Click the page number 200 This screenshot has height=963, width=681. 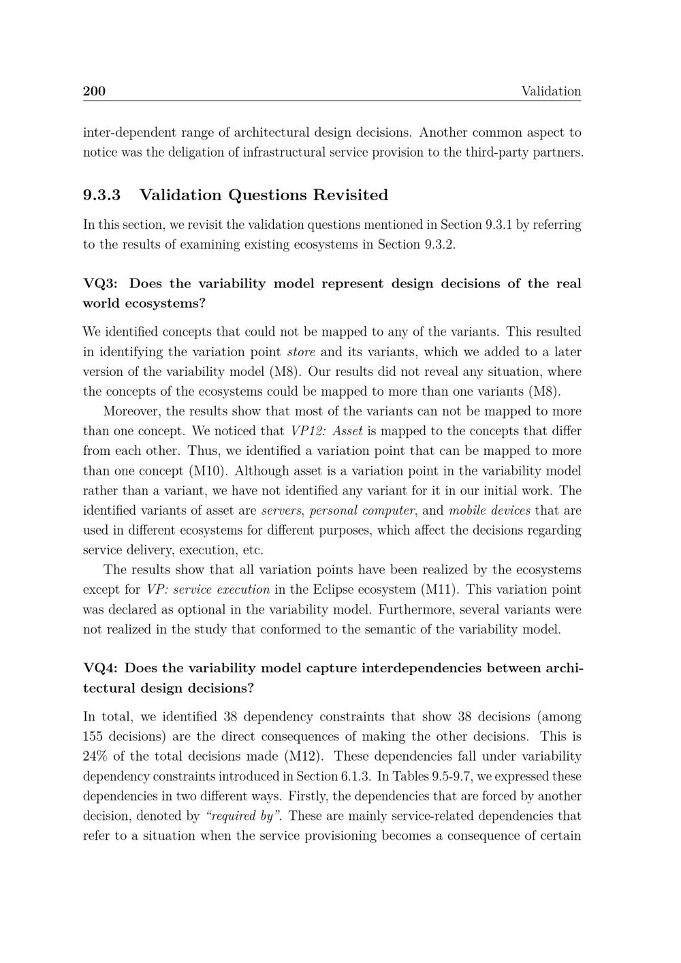94,91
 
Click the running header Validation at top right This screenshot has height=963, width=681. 551,91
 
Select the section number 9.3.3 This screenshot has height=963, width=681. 102,195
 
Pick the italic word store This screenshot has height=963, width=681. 301,352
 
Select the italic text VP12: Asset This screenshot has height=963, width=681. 326,431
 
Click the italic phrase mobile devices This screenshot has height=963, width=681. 490,511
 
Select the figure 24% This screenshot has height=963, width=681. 97,756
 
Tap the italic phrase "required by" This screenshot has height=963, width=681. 243,816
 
